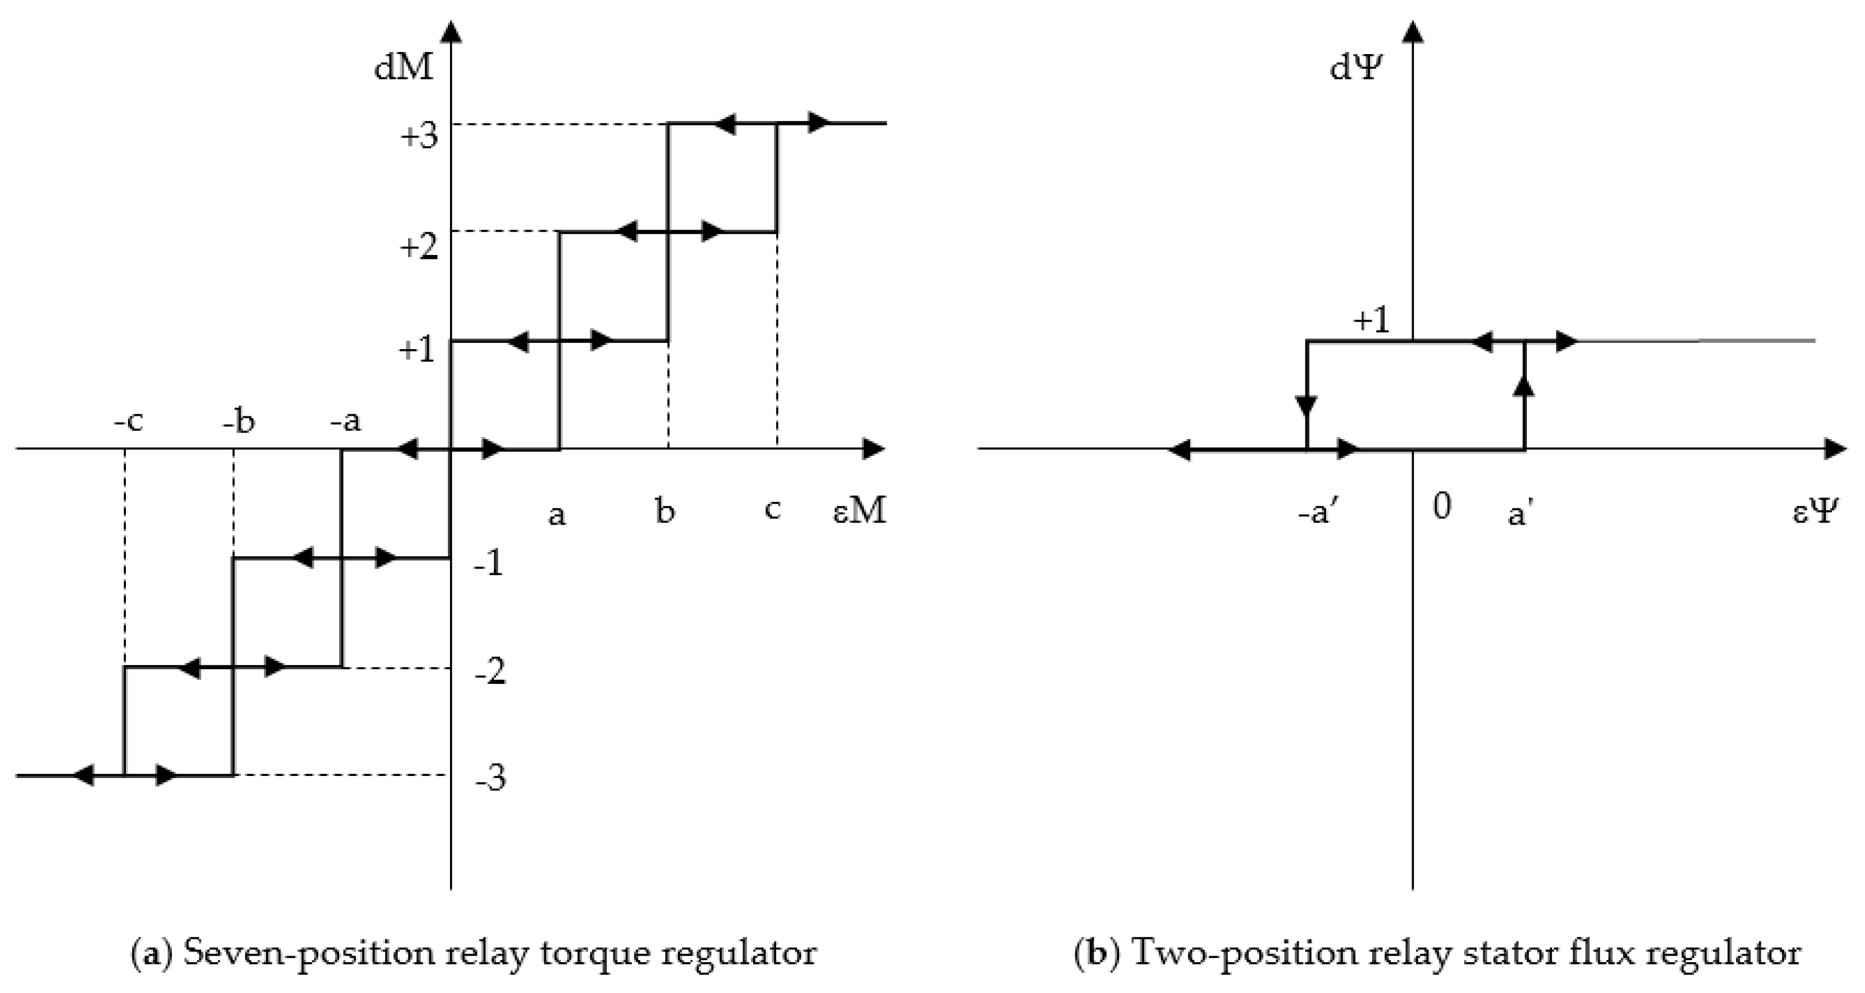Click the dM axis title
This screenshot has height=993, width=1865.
(403, 67)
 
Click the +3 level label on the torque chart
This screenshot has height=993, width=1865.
(419, 136)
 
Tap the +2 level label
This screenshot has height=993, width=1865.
(419, 247)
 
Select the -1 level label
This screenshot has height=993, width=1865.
(489, 564)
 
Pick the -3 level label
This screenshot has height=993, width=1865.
(490, 778)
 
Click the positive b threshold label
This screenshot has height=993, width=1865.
(665, 511)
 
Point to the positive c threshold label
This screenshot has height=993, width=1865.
(772, 510)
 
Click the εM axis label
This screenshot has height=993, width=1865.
(859, 511)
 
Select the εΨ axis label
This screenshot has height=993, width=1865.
(1815, 511)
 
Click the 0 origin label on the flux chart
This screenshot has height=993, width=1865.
(1441, 506)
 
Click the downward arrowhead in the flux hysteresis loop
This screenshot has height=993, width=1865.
(1307, 407)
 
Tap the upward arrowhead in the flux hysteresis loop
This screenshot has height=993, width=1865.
(1525, 385)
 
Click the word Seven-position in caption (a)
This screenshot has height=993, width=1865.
(306, 953)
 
